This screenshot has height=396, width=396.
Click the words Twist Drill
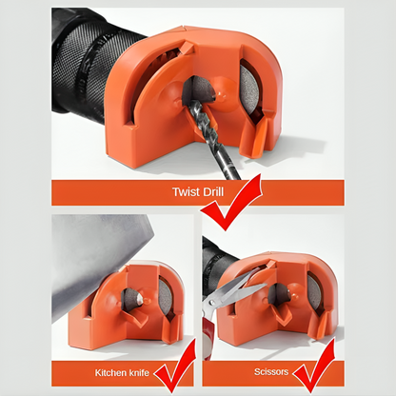(x=198, y=192)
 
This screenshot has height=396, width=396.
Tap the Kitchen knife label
(x=122, y=372)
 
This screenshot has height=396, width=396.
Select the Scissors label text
(x=271, y=371)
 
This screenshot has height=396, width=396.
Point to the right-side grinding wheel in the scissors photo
(x=315, y=292)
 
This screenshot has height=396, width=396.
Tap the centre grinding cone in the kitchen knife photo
(x=132, y=298)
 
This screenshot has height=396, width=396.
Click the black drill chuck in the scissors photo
(x=216, y=262)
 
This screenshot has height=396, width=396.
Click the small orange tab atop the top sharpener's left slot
(x=188, y=49)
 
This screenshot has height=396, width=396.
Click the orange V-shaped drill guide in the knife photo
(x=135, y=316)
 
